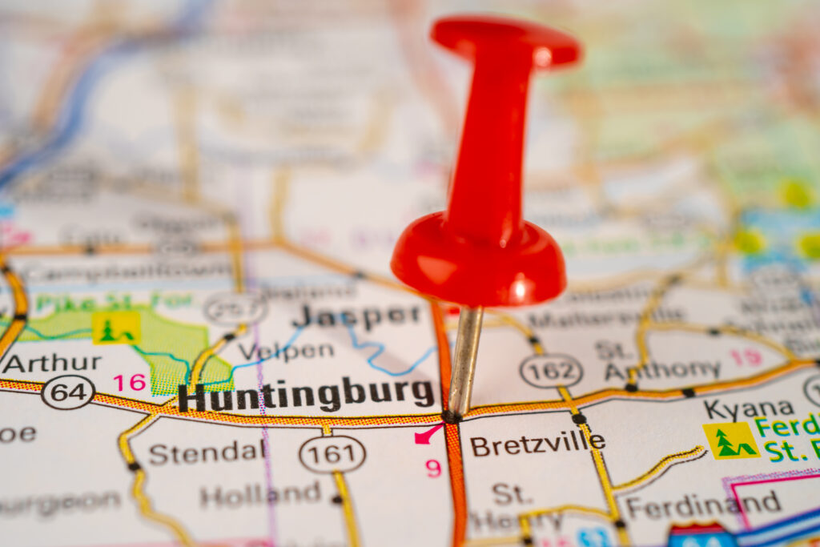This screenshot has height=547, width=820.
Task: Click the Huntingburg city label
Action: [x=306, y=395]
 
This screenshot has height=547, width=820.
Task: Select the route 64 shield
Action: [x=68, y=392]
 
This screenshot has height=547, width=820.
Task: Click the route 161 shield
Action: [x=332, y=454]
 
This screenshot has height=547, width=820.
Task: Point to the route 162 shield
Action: [x=551, y=371]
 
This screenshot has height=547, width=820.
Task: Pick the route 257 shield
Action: [x=234, y=308]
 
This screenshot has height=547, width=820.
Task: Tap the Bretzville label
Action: [x=537, y=444]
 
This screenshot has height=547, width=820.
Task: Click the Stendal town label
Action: [x=207, y=452]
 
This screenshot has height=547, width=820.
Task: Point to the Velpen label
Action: [x=286, y=351]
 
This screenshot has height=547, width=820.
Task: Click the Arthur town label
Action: [x=51, y=362]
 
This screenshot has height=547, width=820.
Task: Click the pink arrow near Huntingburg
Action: [x=428, y=435]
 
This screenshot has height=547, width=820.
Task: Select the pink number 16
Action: [x=129, y=383]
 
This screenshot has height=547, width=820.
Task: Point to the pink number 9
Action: [x=433, y=468]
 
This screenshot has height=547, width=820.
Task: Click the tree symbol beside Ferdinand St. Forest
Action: [x=730, y=440]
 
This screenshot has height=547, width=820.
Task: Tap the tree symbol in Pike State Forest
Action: [x=115, y=328]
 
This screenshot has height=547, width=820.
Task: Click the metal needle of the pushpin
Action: [x=464, y=360]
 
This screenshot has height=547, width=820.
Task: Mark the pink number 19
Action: [x=746, y=357]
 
